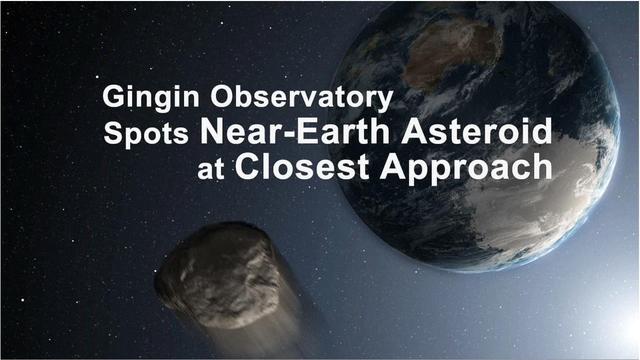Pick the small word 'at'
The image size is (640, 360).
212,168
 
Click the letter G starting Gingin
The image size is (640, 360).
113,99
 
